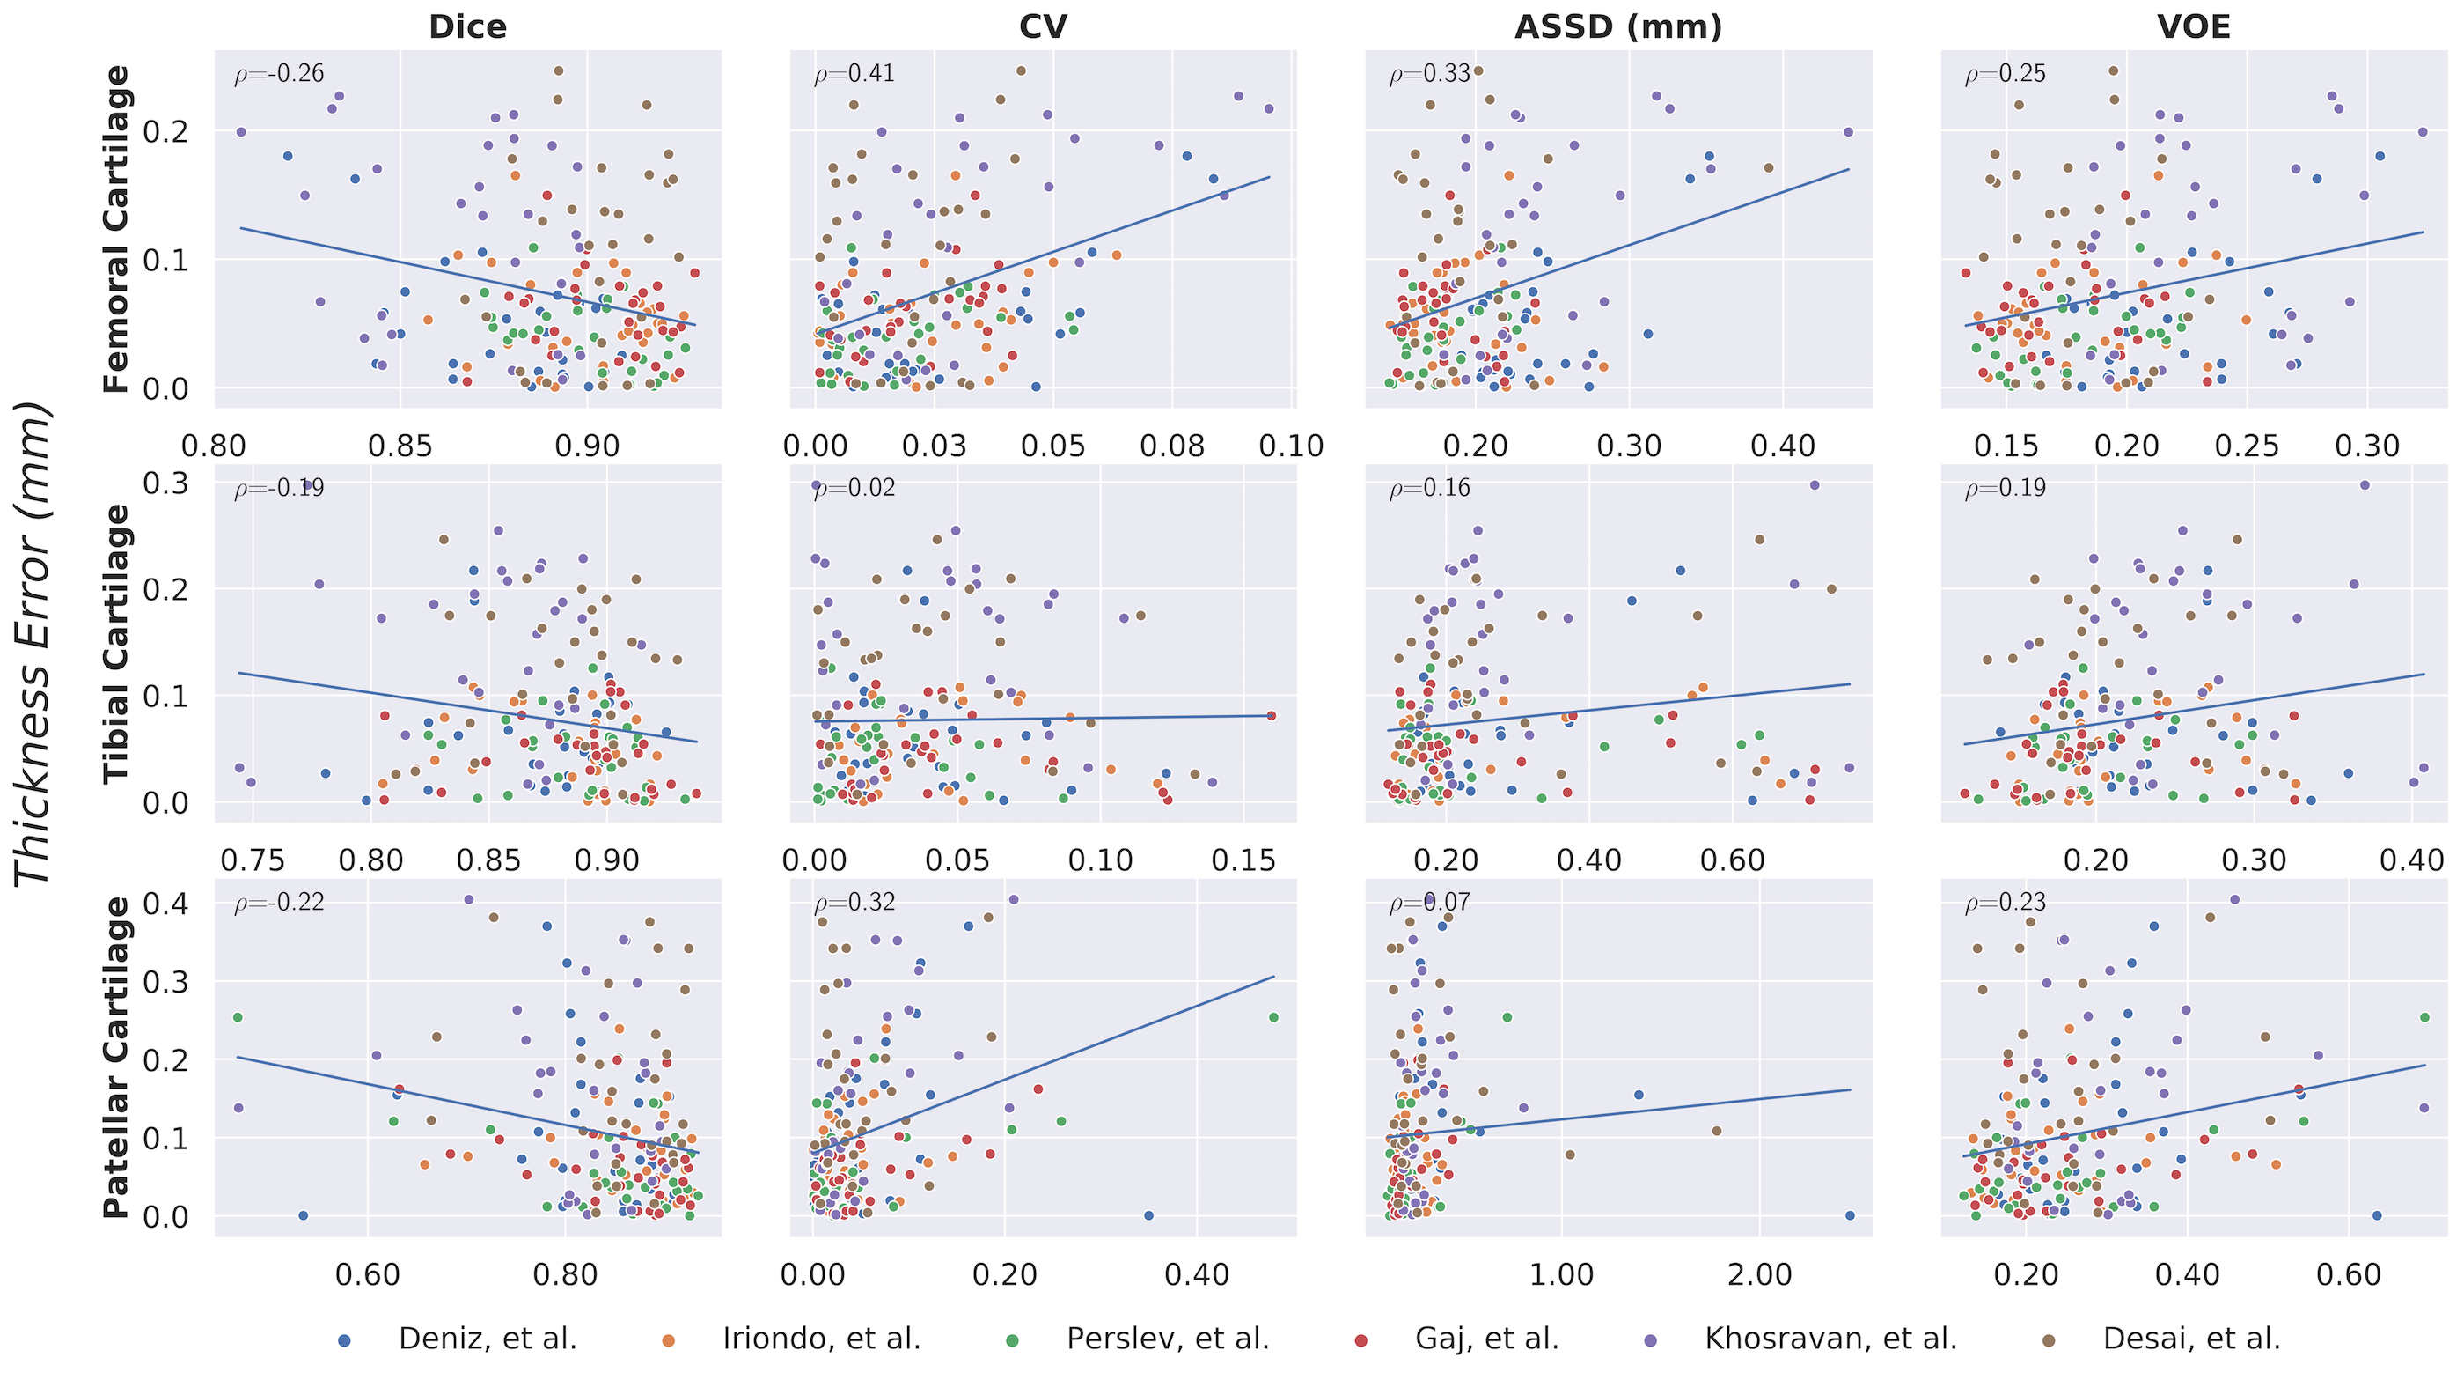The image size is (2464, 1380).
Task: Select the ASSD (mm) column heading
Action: [1618, 26]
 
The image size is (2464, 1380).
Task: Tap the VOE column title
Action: [2194, 26]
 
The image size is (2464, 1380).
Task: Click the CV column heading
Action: [1043, 26]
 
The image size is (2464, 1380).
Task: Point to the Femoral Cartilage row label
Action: [117, 230]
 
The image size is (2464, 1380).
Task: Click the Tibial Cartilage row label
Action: [117, 643]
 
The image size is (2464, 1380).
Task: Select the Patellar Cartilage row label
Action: [117, 1058]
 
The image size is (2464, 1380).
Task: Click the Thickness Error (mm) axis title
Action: [34, 643]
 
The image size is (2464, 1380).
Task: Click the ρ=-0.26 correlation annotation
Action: [279, 74]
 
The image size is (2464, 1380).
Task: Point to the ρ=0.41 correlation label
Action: [854, 74]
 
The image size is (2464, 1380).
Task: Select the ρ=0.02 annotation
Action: [854, 488]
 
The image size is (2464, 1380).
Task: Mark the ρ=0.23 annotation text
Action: [2005, 903]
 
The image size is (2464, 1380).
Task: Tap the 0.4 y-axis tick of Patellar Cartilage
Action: [166, 903]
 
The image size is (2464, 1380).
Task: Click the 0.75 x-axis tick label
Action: [253, 860]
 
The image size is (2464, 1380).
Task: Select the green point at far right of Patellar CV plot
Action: [1273, 1017]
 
